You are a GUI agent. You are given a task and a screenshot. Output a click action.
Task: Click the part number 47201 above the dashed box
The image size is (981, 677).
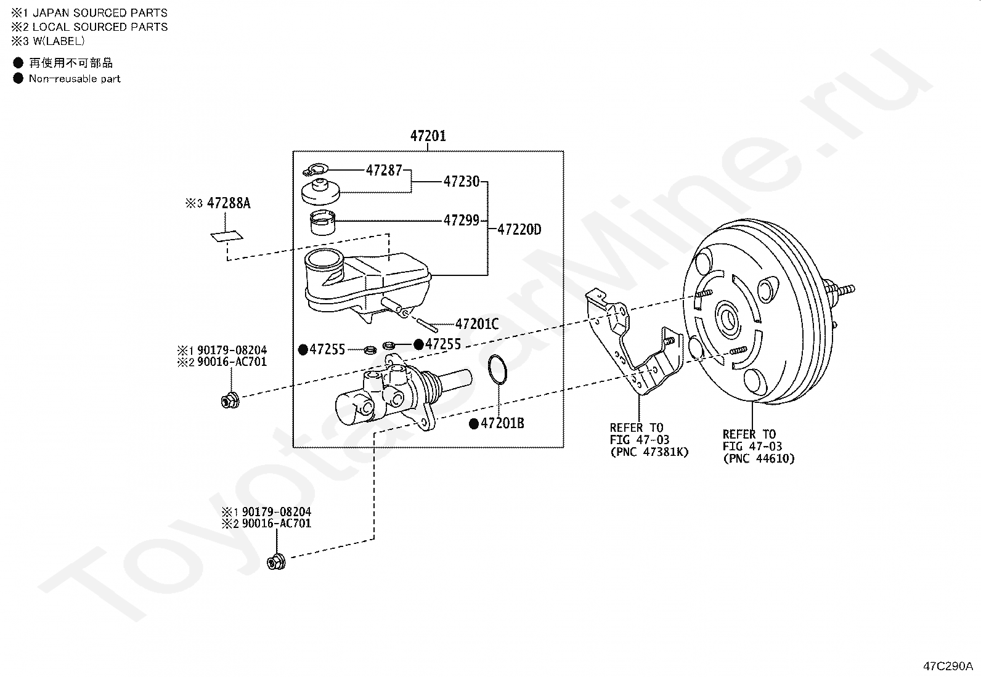click(x=428, y=136)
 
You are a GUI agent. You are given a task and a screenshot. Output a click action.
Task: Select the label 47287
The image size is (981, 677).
click(x=384, y=170)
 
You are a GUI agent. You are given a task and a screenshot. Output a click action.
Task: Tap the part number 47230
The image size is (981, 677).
click(x=462, y=181)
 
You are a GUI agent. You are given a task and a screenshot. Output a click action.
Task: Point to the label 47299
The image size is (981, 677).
click(x=462, y=220)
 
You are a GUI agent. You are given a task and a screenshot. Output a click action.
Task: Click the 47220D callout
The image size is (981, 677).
click(x=520, y=229)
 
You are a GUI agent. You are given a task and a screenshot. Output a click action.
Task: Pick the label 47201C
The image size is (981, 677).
click(x=477, y=323)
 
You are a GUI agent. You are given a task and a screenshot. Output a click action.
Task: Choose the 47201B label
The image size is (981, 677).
click(x=502, y=423)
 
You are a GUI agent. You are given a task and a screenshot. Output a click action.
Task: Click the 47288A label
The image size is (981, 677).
click(x=229, y=203)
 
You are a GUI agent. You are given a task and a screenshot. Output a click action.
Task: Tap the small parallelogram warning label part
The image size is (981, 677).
click(x=227, y=236)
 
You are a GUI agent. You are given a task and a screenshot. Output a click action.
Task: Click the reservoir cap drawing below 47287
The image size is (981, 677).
click(x=321, y=192)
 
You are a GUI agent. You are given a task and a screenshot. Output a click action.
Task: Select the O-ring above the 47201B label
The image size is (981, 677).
click(x=497, y=370)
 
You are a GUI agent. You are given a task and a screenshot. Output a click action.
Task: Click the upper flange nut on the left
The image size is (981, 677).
click(x=230, y=400)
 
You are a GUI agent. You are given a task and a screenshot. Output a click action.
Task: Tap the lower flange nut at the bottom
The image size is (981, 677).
click(x=276, y=561)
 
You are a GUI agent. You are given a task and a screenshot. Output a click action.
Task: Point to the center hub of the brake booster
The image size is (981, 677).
click(x=728, y=318)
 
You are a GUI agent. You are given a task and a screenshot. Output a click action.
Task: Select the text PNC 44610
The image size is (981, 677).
click(x=759, y=458)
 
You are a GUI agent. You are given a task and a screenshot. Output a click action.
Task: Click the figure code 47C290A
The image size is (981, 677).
click(x=948, y=666)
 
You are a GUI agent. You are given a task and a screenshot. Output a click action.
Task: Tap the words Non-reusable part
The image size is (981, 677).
click(x=75, y=79)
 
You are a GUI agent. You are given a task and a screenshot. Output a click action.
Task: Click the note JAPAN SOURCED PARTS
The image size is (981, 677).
click(x=100, y=13)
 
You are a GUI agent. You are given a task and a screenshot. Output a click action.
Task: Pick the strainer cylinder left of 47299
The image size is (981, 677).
click(x=323, y=223)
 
